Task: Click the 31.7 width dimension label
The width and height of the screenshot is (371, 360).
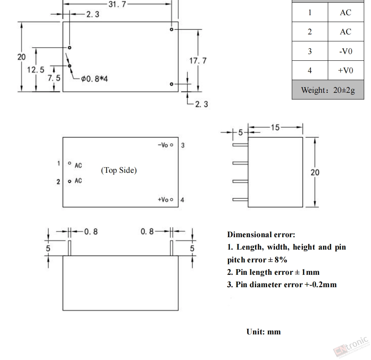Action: (118, 4)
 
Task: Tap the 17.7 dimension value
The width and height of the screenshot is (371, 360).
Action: (198, 61)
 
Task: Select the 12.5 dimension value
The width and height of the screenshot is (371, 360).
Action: (36, 70)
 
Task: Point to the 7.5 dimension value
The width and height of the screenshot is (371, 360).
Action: (54, 78)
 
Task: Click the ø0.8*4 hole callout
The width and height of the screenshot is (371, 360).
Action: (94, 78)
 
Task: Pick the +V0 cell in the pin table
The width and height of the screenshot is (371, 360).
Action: (346, 70)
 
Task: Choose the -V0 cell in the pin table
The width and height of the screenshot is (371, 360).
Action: (346, 51)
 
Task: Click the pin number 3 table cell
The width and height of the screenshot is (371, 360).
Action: (310, 51)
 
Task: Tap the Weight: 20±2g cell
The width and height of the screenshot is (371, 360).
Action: (328, 90)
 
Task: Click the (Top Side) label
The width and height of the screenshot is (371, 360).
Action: (119, 170)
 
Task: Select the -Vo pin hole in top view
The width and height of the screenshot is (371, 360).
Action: (172, 145)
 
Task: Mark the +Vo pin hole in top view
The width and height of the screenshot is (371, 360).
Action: (172, 200)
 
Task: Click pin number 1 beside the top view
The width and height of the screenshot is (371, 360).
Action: (58, 163)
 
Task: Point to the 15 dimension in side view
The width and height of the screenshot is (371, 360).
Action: (275, 128)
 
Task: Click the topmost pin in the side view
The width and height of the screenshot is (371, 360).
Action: (240, 145)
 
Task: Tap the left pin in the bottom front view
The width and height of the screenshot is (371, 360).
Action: (69, 248)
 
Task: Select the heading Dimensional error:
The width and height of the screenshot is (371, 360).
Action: (261, 234)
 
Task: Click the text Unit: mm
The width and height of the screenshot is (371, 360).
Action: (263, 332)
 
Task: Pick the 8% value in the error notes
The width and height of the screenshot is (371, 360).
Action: (281, 260)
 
